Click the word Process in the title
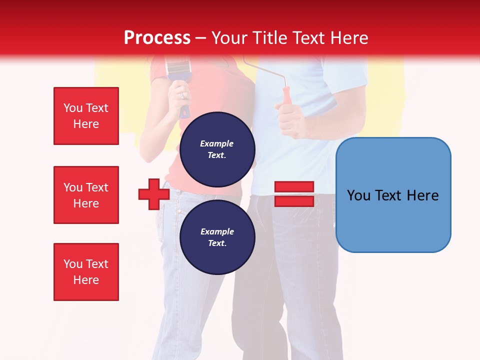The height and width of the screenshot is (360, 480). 157,38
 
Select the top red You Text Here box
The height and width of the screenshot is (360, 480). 86,116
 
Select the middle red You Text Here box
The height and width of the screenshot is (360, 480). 86,195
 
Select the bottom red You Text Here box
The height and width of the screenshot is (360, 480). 86,272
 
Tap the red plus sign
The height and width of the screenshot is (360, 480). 153,194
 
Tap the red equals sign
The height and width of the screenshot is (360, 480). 294,194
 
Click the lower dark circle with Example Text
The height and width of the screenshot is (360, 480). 217,237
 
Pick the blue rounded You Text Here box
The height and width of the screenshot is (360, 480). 393,195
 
